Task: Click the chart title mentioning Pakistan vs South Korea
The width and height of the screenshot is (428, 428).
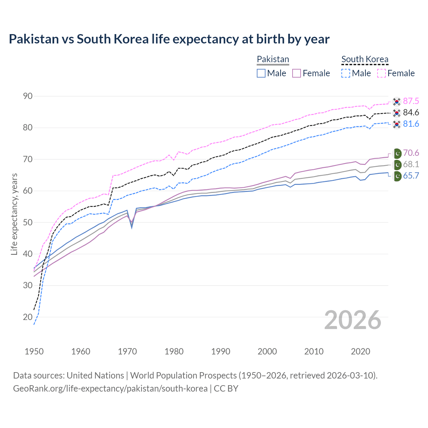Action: point(169,39)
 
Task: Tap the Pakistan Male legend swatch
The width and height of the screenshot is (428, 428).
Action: point(261,73)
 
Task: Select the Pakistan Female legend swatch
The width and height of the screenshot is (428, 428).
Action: point(297,73)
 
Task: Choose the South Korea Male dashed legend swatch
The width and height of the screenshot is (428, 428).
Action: point(346,73)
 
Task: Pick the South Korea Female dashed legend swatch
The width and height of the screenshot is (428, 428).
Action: point(382,73)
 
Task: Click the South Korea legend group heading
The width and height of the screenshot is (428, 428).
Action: point(365,60)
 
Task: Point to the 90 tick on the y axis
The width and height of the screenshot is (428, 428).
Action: point(28,96)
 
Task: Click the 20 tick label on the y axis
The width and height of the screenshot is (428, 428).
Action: point(28,317)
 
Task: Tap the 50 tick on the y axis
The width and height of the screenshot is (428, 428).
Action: point(28,222)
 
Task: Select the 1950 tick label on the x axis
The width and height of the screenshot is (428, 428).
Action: point(34,351)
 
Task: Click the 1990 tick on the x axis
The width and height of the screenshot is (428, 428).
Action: point(221,351)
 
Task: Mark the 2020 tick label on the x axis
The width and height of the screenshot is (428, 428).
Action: point(360,351)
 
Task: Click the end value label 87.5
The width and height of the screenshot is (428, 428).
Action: point(411,101)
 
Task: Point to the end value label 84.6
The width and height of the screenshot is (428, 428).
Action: point(411,113)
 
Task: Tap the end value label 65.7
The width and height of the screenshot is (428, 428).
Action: point(411,176)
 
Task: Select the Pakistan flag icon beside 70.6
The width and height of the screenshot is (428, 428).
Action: point(397,153)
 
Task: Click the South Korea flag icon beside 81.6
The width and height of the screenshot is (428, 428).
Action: point(397,124)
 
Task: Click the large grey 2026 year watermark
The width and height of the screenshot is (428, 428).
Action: point(353,320)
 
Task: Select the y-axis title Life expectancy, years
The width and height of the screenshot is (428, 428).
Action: point(14,214)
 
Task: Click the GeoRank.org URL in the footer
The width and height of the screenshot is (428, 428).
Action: point(110,389)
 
